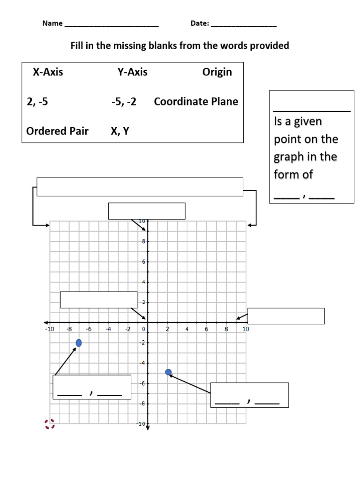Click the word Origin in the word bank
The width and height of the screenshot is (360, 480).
217,72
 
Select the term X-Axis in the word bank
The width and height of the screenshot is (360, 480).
48,72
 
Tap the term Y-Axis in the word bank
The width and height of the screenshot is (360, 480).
132,72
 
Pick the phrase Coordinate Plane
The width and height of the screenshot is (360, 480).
196,102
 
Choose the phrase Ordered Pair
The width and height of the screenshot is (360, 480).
57,131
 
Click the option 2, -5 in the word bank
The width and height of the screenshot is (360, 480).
37,102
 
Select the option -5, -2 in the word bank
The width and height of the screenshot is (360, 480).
124,102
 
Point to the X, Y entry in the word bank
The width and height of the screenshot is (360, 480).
120,131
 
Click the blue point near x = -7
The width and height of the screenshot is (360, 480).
79,344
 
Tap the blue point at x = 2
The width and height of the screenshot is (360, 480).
168,372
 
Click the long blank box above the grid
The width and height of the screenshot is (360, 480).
140,187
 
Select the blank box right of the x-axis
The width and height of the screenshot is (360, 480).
286,316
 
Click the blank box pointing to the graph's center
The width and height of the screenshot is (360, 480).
98,300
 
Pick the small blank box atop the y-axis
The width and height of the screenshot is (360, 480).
147,211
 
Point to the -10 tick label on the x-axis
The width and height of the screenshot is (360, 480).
50,329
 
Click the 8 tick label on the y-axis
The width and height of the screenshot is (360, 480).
143,241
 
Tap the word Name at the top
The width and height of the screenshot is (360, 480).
52,23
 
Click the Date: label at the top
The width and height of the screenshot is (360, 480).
200,23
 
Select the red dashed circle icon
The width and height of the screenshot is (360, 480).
50,424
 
